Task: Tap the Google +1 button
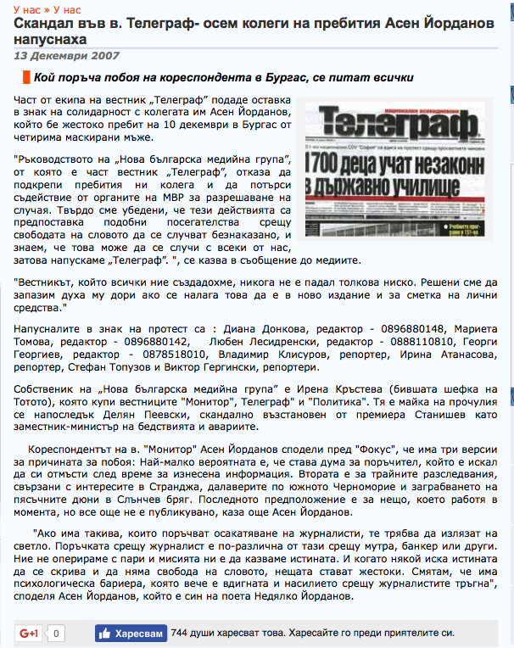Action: [30, 633]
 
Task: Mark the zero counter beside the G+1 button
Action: [56, 633]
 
